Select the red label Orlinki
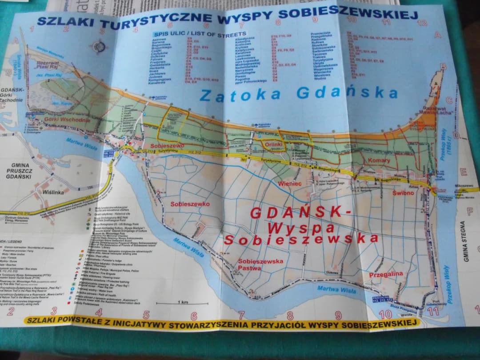272,144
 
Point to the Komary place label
379,160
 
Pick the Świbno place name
403,193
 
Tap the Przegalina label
386,275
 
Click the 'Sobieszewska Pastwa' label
260,264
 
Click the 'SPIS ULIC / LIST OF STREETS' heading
199,34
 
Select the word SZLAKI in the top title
60,21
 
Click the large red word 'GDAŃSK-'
300,212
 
